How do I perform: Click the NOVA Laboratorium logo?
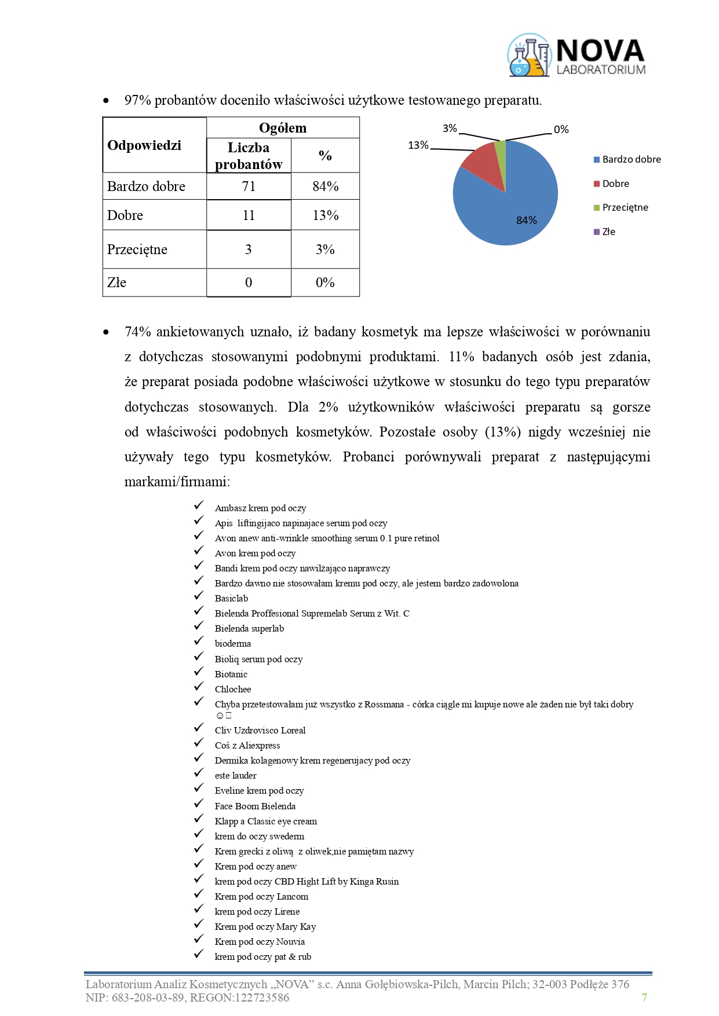[576, 56]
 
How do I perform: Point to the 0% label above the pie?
[561, 130]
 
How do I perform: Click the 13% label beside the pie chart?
[418, 145]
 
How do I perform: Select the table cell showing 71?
[249, 186]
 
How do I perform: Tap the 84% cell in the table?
[325, 186]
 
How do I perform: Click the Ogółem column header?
[283, 128]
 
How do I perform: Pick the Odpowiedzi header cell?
[144, 145]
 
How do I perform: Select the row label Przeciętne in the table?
[137, 250]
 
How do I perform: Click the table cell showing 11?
[249, 215]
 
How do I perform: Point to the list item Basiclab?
[231, 599]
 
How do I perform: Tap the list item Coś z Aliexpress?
[247, 746]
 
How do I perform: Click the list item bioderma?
[233, 644]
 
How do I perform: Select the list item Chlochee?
[233, 689]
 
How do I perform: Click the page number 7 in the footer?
[644, 997]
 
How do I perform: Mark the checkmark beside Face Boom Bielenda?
[199, 804]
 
